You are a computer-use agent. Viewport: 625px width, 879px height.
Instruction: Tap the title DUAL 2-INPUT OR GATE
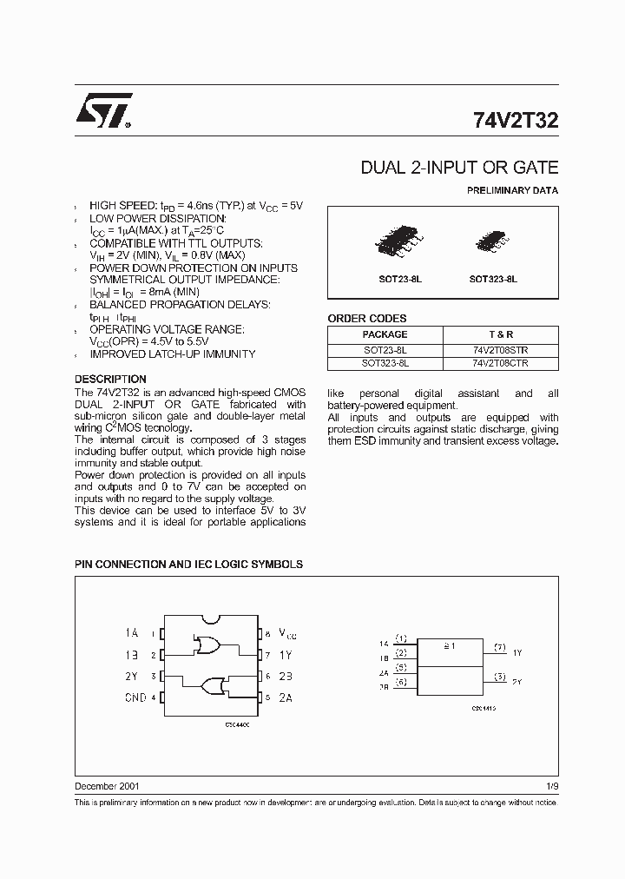click(x=459, y=168)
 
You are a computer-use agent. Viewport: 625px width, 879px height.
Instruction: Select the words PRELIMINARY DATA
click(x=513, y=190)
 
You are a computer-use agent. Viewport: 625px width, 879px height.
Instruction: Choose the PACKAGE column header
click(x=385, y=334)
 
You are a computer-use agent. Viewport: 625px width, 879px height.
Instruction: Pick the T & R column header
click(x=501, y=334)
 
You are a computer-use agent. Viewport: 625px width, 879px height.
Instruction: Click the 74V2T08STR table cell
click(x=501, y=350)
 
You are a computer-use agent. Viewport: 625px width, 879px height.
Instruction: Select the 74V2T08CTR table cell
click(x=501, y=363)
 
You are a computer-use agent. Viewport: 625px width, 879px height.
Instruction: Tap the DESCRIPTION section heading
click(x=110, y=380)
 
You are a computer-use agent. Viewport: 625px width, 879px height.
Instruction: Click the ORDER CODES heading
click(x=367, y=319)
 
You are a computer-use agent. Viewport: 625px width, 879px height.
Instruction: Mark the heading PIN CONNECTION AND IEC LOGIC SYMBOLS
click(x=188, y=564)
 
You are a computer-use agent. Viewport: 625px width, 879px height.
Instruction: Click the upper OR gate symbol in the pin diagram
click(x=208, y=644)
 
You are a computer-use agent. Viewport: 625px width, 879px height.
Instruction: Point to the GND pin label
click(x=135, y=697)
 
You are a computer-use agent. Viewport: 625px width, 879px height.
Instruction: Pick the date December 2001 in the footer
click(x=107, y=786)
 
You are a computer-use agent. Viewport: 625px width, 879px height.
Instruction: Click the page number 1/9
click(x=552, y=786)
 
